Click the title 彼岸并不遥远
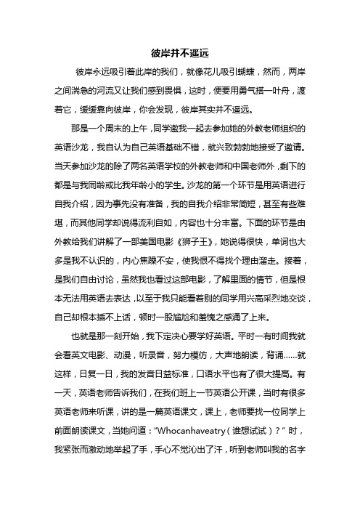(x=179, y=52)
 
